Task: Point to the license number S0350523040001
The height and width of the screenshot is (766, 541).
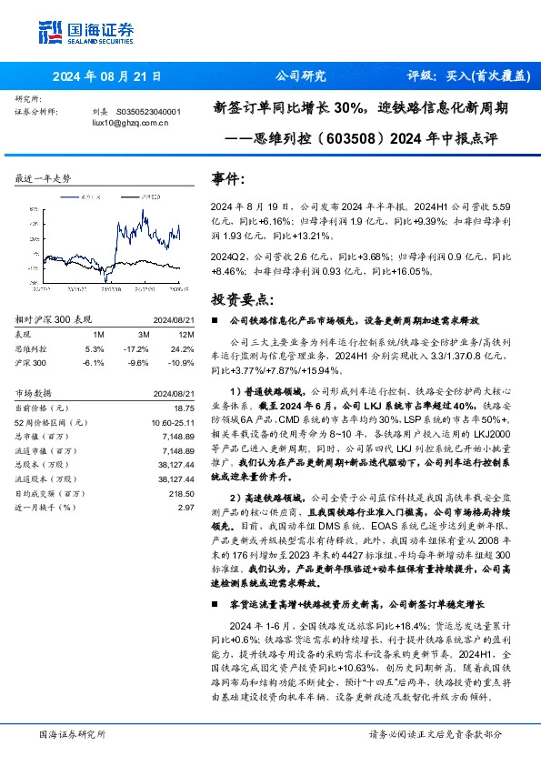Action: coord(149,112)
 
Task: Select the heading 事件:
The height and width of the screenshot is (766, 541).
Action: coord(228,178)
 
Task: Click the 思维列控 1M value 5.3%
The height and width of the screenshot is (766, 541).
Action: coord(95,348)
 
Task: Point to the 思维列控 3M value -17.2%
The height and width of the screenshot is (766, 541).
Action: coord(136,348)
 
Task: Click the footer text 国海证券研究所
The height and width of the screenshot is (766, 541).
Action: coord(73,734)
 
